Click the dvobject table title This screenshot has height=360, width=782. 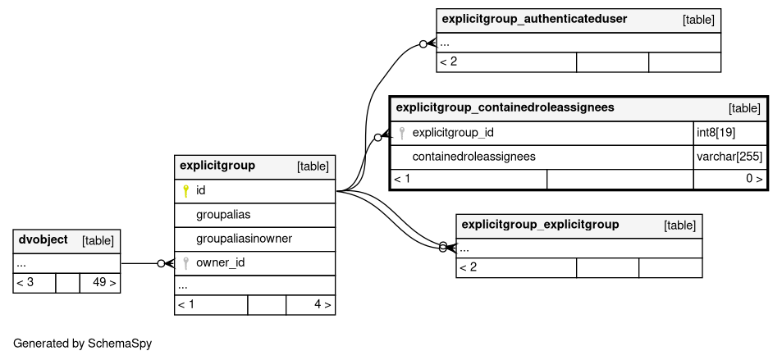(43, 239)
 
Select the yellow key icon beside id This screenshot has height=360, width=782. (185, 190)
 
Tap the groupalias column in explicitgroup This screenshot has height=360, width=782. (223, 215)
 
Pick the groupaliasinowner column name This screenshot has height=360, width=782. (244, 239)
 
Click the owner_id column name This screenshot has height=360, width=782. (221, 262)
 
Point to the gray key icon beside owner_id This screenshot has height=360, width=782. (185, 263)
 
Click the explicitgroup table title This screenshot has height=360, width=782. (217, 166)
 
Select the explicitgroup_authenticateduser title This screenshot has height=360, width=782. (535, 19)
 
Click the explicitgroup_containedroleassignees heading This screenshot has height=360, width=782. (505, 107)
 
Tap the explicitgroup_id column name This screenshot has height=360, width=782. (453, 133)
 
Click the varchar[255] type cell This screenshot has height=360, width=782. (729, 157)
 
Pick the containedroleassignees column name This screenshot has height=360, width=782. (473, 157)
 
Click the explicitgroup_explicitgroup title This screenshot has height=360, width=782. (540, 225)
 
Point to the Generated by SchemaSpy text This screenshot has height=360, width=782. (82, 344)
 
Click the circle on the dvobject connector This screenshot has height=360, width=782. (161, 264)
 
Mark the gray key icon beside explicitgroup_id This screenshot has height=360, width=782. (402, 133)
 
